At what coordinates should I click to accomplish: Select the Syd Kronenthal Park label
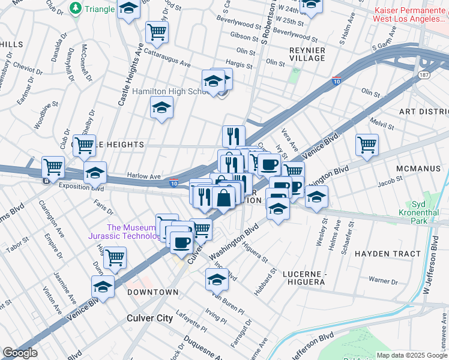point(423,213)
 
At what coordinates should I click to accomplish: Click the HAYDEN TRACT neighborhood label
point(388,254)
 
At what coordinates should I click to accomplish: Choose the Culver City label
point(149,318)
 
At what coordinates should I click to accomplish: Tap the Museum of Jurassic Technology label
point(131,232)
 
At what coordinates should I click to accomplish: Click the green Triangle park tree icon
point(76,8)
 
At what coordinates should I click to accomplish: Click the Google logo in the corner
point(20,353)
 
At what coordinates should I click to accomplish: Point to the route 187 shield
point(424,75)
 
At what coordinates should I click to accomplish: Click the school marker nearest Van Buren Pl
point(217,279)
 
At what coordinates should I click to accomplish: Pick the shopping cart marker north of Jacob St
point(367,144)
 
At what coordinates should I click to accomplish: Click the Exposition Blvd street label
point(81,187)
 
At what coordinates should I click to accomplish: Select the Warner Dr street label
point(383,280)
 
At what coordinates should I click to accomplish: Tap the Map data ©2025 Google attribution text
point(412,355)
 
